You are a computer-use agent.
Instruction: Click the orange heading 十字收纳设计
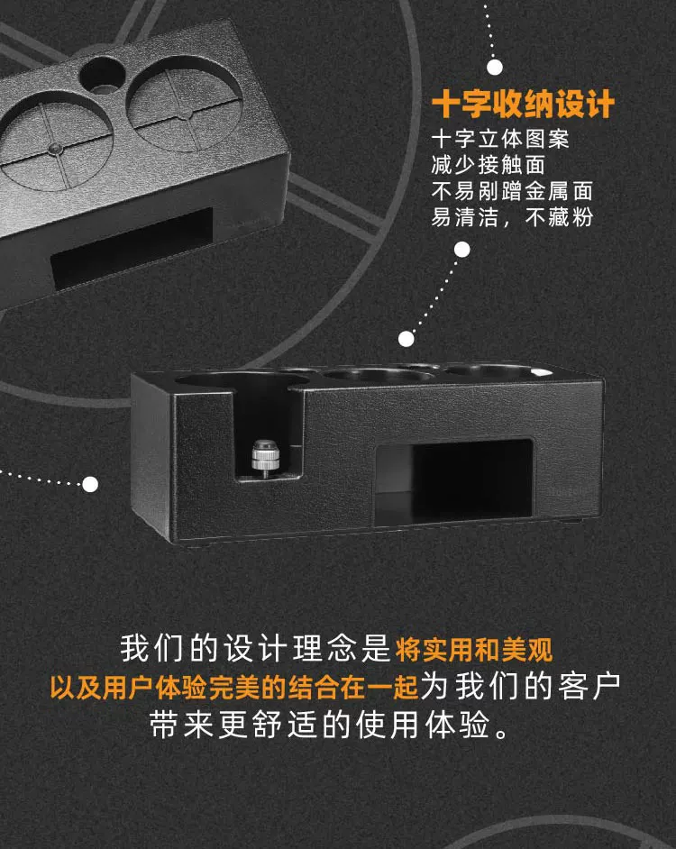pyautogui.click(x=524, y=104)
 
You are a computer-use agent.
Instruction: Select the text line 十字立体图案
pyautogui.click(x=500, y=139)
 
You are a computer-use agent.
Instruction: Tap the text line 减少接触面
pyautogui.click(x=488, y=165)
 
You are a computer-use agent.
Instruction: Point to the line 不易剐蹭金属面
pyautogui.click(x=513, y=191)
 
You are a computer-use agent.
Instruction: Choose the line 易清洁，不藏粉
pyautogui.click(x=513, y=217)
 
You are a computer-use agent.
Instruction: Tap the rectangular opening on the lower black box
pyautogui.click(x=454, y=481)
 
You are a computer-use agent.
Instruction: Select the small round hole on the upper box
pyautogui.click(x=101, y=76)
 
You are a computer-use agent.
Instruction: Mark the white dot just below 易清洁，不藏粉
pyautogui.click(x=462, y=250)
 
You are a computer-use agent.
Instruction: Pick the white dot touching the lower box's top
pyautogui.click(x=407, y=339)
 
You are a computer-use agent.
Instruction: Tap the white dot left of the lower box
pyautogui.click(x=90, y=484)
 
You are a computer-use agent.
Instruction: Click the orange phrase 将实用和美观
pyautogui.click(x=474, y=649)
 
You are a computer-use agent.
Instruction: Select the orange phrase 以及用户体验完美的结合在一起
pyautogui.click(x=234, y=687)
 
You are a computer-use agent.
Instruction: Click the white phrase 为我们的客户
pyautogui.click(x=521, y=686)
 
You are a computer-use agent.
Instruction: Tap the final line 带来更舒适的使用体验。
pyautogui.click(x=331, y=725)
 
